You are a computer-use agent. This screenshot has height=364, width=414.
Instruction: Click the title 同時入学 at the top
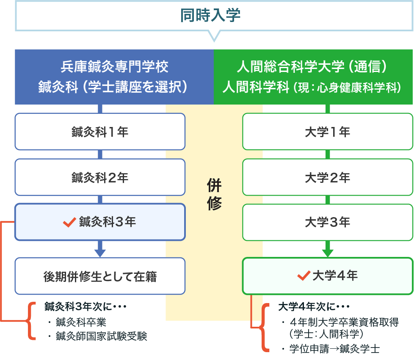click(x=210, y=15)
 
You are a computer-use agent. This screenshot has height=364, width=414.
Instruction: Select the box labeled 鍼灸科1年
click(x=100, y=132)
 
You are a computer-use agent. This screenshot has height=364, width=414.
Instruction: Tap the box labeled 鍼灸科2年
click(x=100, y=177)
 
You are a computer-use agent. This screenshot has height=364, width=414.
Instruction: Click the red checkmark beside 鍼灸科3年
click(x=69, y=222)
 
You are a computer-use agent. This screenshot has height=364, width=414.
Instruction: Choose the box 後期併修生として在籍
click(x=100, y=276)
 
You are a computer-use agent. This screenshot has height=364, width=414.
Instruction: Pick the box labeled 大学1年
click(x=327, y=132)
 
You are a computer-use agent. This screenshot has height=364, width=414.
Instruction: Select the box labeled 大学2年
click(x=327, y=177)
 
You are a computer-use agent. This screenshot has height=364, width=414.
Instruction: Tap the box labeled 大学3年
click(x=327, y=222)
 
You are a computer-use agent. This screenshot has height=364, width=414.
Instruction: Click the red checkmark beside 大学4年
click(x=304, y=276)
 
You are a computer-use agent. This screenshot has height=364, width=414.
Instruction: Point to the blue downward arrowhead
click(x=99, y=252)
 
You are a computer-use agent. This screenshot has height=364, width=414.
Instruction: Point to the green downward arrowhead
click(x=328, y=253)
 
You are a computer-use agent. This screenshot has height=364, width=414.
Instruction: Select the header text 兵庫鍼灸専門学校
click(x=114, y=67)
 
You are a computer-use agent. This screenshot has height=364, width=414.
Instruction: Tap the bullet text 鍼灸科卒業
click(x=80, y=323)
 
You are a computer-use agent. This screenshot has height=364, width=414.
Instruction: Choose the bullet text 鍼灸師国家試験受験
click(x=101, y=336)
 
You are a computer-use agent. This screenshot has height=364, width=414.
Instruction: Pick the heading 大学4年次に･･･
click(x=314, y=306)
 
